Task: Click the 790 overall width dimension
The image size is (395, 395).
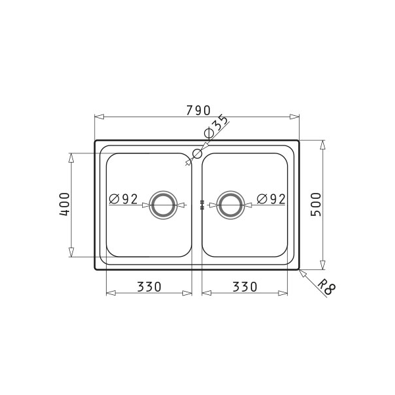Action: tap(198, 111)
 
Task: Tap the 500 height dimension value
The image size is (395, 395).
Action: tap(316, 205)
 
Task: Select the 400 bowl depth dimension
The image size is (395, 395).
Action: tap(65, 205)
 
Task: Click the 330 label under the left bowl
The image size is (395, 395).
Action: tap(149, 286)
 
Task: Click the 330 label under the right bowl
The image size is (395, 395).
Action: tap(245, 286)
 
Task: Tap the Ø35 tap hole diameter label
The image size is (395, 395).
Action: tap(216, 126)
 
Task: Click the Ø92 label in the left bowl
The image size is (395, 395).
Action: tap(124, 199)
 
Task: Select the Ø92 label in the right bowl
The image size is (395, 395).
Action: tap(271, 199)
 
